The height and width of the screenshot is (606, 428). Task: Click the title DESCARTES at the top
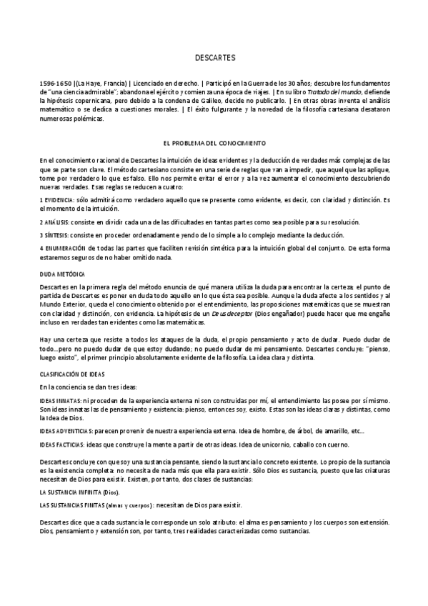[214, 56]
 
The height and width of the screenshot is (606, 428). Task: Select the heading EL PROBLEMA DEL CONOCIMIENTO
[214, 143]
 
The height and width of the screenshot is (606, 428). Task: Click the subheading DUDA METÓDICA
[62, 274]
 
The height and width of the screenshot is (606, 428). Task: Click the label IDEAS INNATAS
[61, 401]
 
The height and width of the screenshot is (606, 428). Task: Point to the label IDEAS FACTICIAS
[63, 444]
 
